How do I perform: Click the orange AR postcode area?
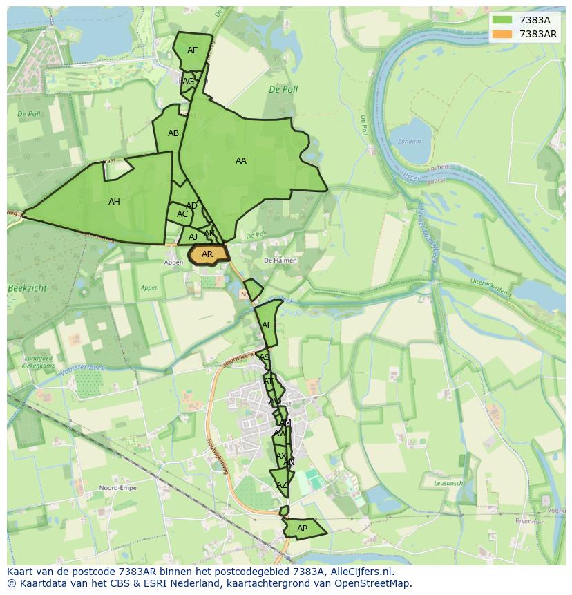(x=208, y=254)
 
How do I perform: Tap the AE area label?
(x=192, y=50)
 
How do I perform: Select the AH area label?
(x=114, y=202)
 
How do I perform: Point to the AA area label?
(x=240, y=161)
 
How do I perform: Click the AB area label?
(x=173, y=133)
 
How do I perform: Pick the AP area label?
(x=302, y=529)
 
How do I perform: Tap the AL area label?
(x=267, y=325)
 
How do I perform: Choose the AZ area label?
(x=281, y=485)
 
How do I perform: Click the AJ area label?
(x=193, y=237)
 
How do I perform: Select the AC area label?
(x=182, y=214)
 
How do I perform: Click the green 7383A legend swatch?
(x=502, y=20)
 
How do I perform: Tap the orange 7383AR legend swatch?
(x=502, y=34)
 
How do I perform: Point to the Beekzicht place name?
(x=27, y=287)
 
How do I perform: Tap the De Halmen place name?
(x=280, y=261)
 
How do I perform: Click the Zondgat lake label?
(x=410, y=142)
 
